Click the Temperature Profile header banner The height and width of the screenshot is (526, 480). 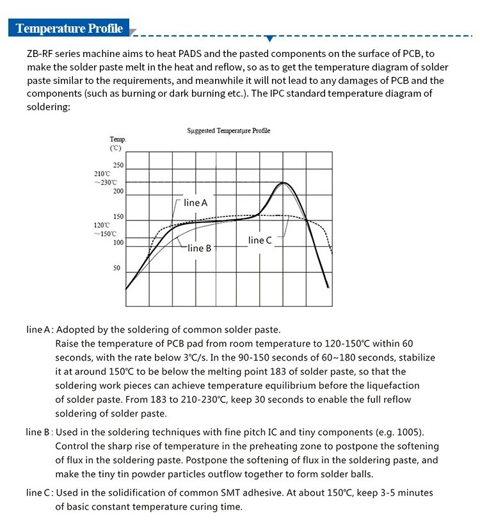pyautogui.click(x=69, y=28)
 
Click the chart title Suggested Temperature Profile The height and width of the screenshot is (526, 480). pyautogui.click(x=228, y=131)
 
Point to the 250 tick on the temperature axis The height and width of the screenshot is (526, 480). pyautogui.click(x=118, y=166)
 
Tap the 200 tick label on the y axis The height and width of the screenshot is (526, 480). pyautogui.click(x=118, y=192)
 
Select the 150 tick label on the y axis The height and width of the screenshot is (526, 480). pyautogui.click(x=118, y=217)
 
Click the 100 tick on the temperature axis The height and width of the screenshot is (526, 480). pyautogui.click(x=118, y=243)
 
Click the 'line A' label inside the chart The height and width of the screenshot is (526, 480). pyautogui.click(x=196, y=202)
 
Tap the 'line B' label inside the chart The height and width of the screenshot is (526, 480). pyautogui.click(x=199, y=248)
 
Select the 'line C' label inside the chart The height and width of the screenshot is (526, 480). pyautogui.click(x=260, y=240)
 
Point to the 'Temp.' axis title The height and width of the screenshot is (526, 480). pyautogui.click(x=118, y=139)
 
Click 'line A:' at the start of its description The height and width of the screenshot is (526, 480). pyautogui.click(x=38, y=330)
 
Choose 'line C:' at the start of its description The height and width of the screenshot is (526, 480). pyautogui.click(x=39, y=493)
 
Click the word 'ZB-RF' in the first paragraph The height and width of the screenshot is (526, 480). pyautogui.click(x=40, y=53)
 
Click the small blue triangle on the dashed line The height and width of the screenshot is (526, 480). pyautogui.click(x=269, y=38)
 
